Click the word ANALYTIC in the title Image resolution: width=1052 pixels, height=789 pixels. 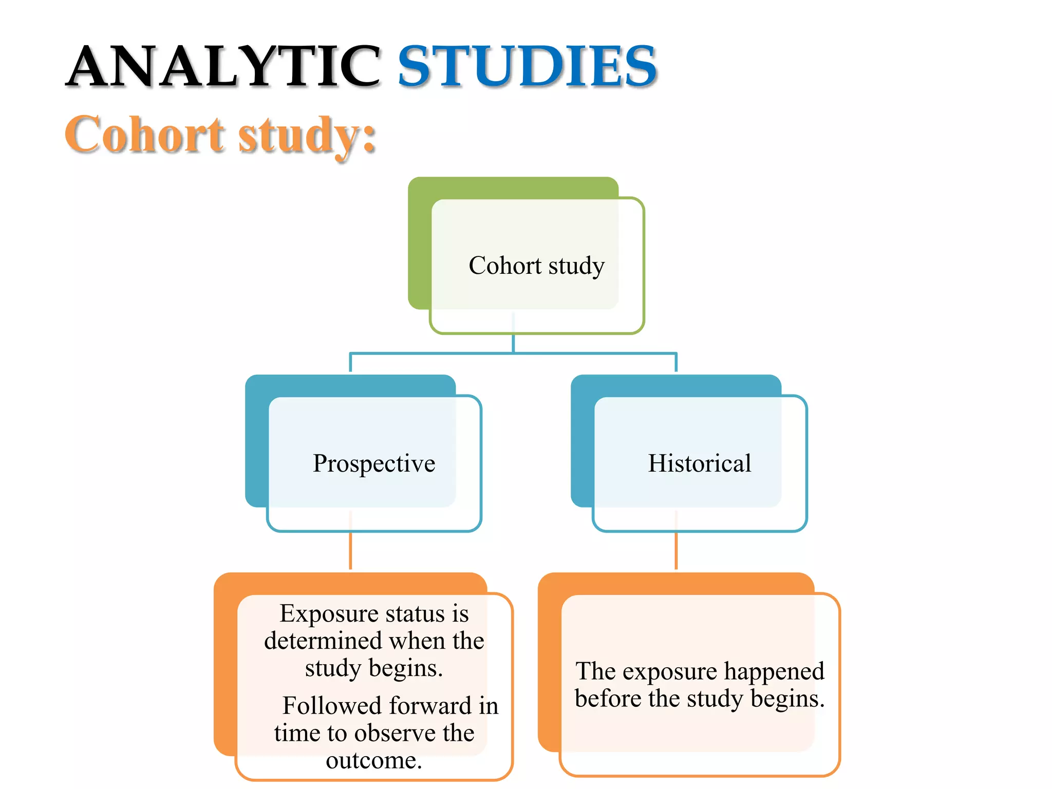point(223,67)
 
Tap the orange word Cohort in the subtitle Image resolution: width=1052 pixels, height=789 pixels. point(145,135)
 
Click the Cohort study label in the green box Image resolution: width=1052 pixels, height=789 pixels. point(536,266)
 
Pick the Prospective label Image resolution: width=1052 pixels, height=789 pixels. point(374,463)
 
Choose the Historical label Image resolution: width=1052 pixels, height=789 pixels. point(699,463)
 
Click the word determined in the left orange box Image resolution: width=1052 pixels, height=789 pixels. point(323,641)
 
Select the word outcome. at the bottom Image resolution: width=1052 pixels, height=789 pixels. point(374,760)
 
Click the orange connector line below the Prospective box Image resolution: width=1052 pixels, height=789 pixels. point(350,551)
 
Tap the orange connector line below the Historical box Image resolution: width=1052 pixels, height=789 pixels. point(676,551)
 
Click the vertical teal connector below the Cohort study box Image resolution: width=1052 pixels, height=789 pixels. point(513,343)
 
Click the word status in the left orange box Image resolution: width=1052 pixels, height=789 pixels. point(415,614)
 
